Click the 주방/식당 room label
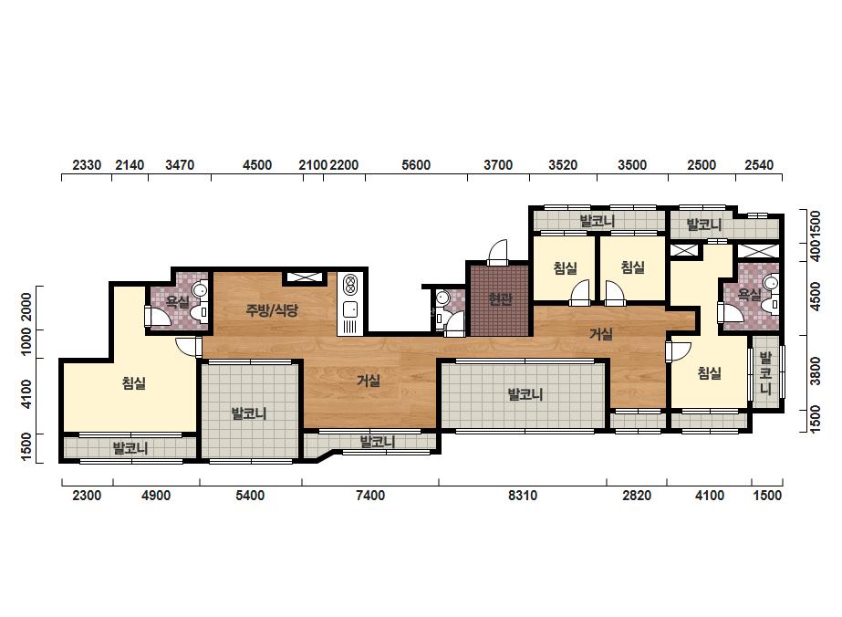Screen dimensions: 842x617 (272, 309)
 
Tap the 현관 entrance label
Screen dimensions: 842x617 (500, 298)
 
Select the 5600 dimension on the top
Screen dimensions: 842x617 (416, 165)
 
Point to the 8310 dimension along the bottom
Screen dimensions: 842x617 (523, 495)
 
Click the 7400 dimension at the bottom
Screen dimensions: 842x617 (370, 495)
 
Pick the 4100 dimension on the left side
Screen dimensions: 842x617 (26, 394)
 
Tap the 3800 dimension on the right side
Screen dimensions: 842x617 (816, 371)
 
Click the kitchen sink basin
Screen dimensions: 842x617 (350, 309)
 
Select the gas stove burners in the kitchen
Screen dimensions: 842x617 (350, 285)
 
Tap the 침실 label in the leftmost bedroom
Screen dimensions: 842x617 (134, 383)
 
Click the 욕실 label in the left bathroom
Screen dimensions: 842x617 (177, 301)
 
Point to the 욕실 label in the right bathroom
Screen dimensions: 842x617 (749, 295)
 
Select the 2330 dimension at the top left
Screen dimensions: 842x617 (87, 165)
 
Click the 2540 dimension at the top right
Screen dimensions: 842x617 (759, 165)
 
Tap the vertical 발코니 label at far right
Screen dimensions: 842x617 (765, 373)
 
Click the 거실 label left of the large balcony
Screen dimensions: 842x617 (369, 381)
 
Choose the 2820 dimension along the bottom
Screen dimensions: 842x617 (637, 495)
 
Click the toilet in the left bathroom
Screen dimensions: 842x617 (201, 313)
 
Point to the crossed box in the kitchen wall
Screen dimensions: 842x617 (304, 277)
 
